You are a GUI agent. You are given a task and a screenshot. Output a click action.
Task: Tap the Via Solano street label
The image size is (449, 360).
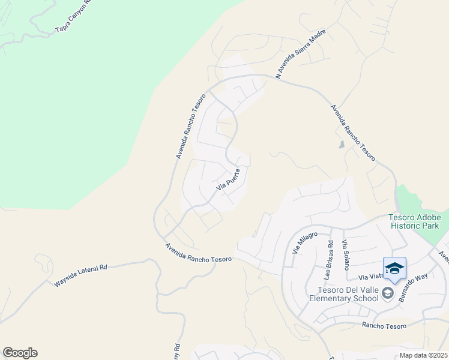click(345, 255)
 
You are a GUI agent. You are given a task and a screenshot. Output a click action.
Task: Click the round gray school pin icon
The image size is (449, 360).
click(388, 293)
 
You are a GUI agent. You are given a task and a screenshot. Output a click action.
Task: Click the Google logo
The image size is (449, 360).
click(20, 353)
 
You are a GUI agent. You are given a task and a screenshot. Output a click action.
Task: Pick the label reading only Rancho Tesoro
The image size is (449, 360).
click(384, 326)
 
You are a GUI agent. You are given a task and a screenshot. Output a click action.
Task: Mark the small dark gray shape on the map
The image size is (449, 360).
click(342, 145)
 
